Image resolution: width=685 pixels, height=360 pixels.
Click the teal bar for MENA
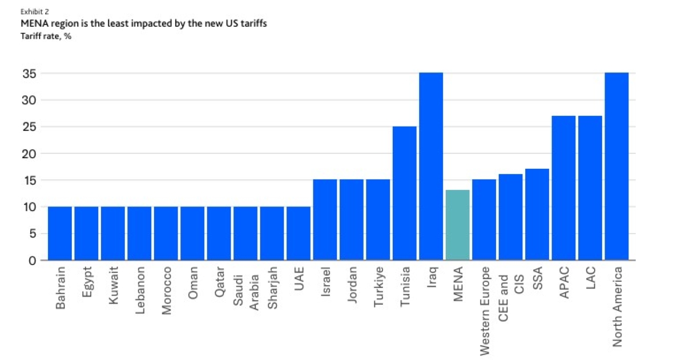coord(457,225)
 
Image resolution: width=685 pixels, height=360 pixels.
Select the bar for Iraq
coord(431,166)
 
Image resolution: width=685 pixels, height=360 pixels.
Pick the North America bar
coord(616,166)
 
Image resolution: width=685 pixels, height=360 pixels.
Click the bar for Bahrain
coord(60,233)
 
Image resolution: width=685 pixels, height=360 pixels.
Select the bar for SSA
coord(537,214)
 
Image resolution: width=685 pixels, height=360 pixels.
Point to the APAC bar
coord(563,188)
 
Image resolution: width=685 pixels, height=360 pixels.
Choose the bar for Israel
coord(325,220)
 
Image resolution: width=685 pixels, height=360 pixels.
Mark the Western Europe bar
coord(484,220)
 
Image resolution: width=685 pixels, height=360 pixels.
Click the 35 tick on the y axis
coord(30,74)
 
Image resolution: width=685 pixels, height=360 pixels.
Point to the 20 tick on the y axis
coord(30,153)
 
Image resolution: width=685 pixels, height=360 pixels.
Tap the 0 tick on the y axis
coord(33,260)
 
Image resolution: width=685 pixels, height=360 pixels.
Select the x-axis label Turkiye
coord(378,288)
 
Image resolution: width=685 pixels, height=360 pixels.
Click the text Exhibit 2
coord(32,11)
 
